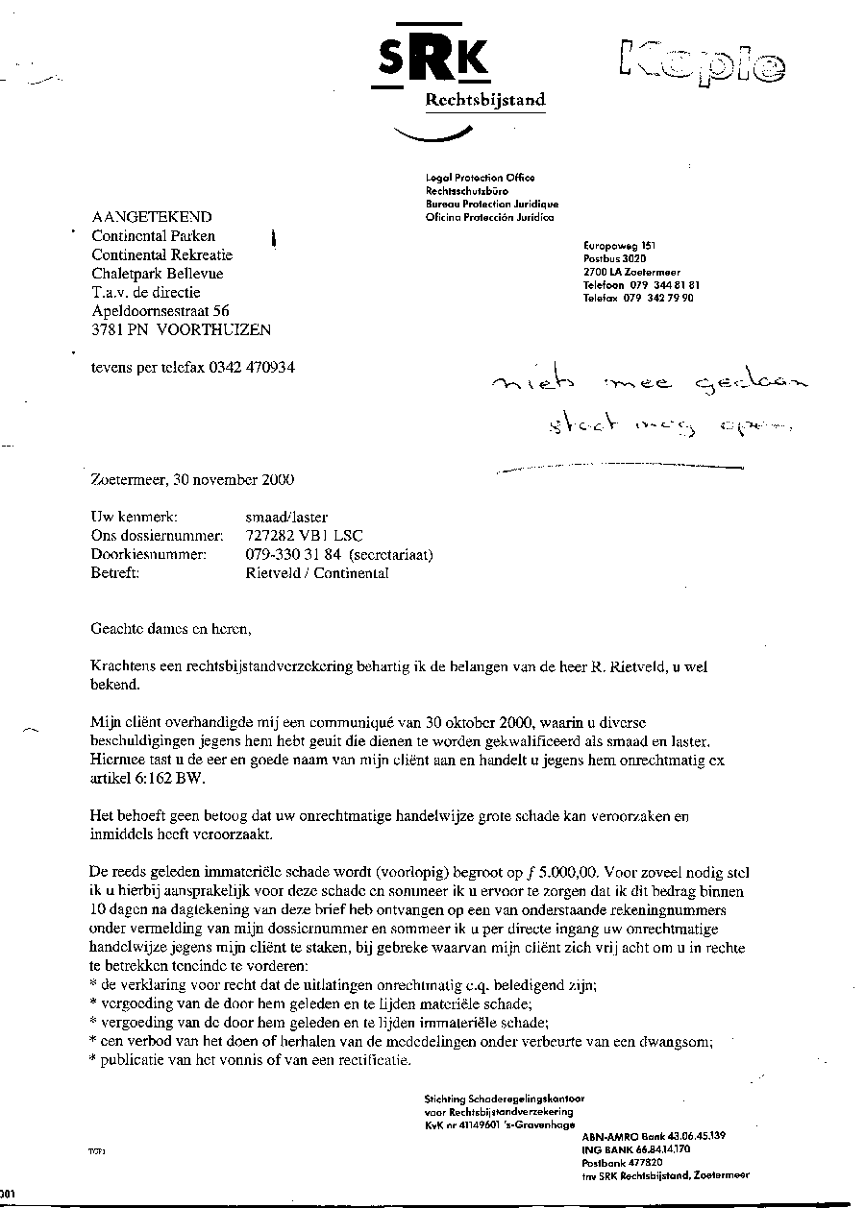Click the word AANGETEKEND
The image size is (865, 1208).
152,218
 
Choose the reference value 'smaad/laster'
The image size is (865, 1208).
286,519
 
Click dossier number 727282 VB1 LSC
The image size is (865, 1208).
304,537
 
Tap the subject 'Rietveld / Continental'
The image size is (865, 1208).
317,573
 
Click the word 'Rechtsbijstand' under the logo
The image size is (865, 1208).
485,100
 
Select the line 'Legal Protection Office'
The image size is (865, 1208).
481,178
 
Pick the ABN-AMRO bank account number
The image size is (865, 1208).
687,1136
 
